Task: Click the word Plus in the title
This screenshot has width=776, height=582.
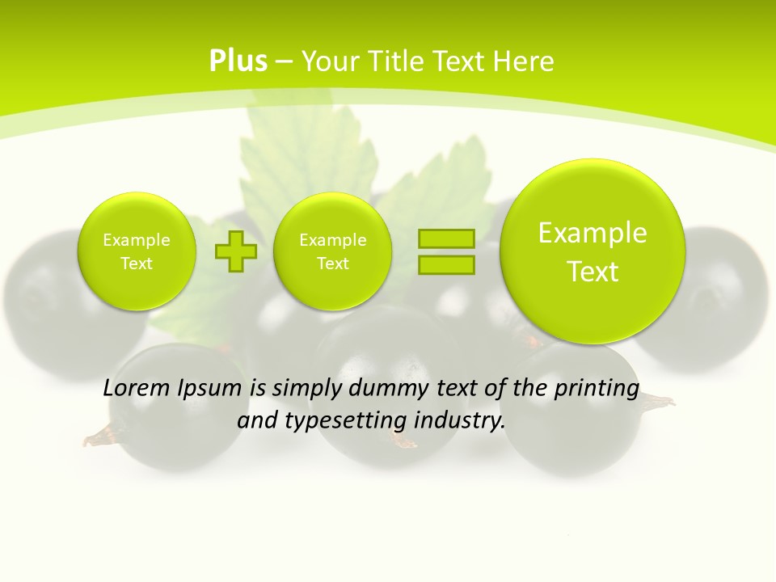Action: [238, 61]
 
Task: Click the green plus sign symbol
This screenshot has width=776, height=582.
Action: [236, 251]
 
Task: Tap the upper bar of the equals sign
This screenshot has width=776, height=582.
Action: [446, 239]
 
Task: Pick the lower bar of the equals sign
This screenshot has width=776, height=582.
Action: [446, 264]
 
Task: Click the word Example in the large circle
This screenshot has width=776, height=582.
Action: [593, 234]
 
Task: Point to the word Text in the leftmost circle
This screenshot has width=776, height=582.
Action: [137, 264]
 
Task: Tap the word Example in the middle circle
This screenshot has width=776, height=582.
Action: [332, 240]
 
